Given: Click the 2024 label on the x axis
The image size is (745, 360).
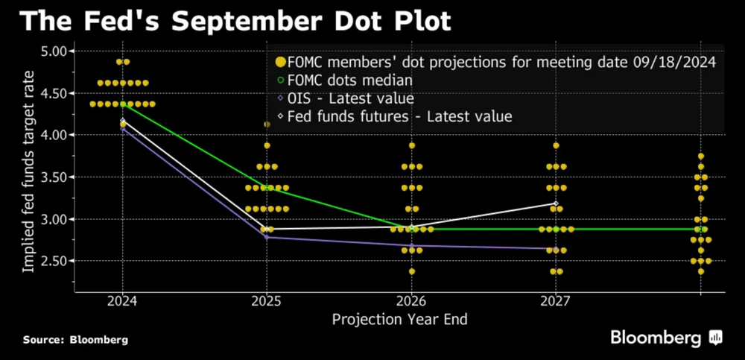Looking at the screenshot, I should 122,302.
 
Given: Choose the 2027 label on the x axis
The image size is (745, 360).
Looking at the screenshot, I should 556,302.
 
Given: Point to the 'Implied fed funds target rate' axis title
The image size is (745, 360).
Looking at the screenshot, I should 28,168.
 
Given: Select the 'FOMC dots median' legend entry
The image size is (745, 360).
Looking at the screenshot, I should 350,80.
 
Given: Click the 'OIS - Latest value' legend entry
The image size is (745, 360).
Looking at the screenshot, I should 350,98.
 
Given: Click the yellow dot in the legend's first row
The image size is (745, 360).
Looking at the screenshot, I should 280,63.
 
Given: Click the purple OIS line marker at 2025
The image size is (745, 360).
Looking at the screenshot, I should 267,238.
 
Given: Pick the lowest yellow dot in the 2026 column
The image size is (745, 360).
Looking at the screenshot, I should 411,271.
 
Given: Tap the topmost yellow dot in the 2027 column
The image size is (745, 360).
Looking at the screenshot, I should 556,145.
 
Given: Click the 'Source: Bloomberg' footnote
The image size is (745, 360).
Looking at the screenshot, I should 75,340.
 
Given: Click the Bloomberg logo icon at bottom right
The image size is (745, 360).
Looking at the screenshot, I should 716,338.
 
